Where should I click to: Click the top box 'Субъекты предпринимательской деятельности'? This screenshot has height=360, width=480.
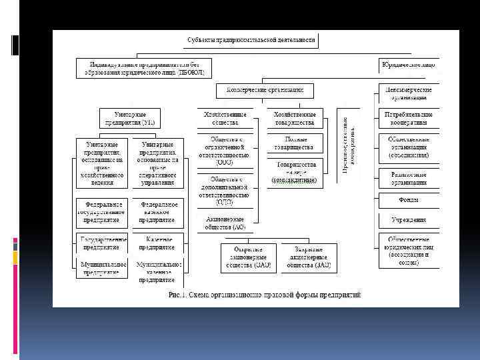(251, 40)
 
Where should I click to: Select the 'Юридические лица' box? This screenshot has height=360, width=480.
(408, 65)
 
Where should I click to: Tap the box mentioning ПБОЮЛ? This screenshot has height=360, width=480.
(144, 67)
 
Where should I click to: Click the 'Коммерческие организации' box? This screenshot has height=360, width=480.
(265, 89)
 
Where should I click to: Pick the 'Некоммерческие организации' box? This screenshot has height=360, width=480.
(409, 93)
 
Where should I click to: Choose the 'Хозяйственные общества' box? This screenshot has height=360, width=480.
(225, 118)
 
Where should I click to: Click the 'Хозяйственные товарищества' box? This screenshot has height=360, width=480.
(293, 118)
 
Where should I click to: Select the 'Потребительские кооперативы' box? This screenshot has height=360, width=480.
(409, 118)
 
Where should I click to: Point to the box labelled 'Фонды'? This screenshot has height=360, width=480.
(409, 199)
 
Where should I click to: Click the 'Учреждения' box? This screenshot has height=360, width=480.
(409, 220)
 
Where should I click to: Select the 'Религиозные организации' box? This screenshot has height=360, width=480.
(409, 177)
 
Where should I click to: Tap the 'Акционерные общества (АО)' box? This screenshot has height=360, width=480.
(225, 222)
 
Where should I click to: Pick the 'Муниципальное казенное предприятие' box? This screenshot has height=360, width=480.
(157, 271)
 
